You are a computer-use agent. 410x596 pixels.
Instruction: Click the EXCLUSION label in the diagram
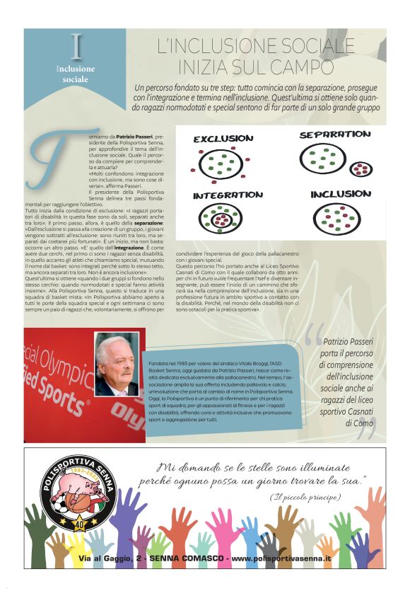pyautogui.click(x=223, y=139)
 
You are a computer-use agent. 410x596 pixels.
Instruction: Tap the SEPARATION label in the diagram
pyautogui.click(x=334, y=134)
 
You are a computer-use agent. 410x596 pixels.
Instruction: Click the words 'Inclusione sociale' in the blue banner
pyautogui.click(x=75, y=74)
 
